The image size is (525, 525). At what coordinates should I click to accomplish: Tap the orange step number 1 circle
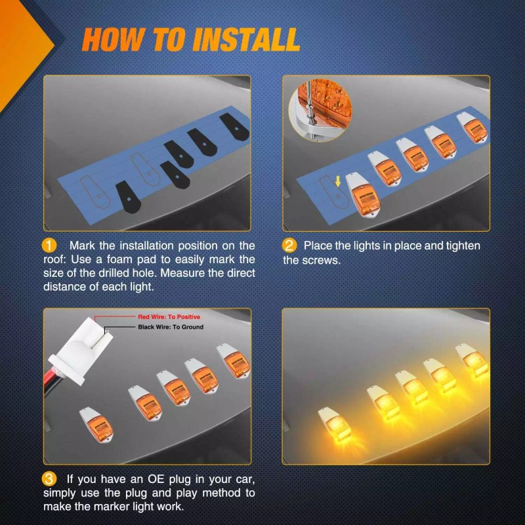[x=50, y=245]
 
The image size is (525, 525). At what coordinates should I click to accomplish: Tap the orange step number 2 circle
[x=289, y=245]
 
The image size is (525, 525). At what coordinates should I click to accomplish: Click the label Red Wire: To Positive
[x=169, y=317]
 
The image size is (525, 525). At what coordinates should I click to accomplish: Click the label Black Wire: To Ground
[x=171, y=327]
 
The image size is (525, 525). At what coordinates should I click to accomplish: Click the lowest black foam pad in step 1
[x=126, y=198]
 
